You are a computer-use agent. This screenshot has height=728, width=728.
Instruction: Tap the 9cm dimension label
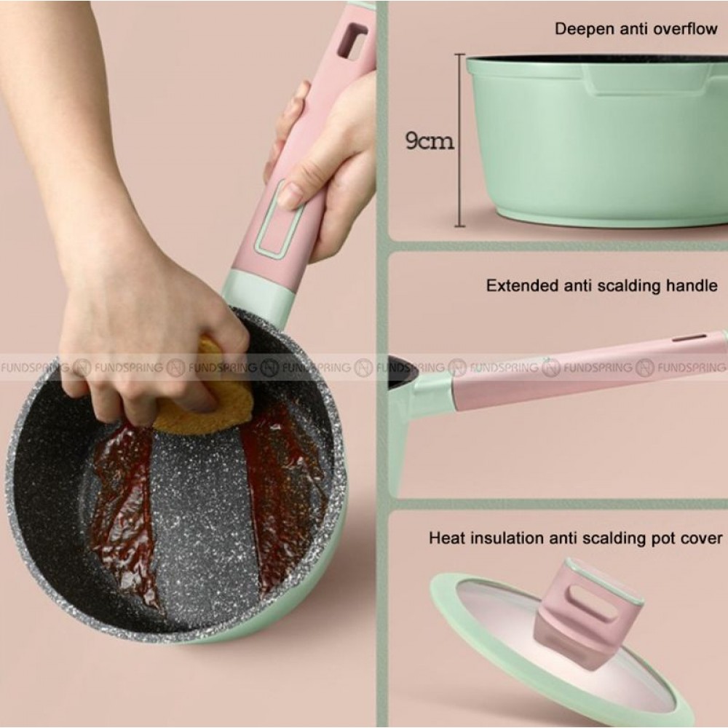pyautogui.click(x=430, y=141)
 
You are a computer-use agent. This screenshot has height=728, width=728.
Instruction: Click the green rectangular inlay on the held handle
pyautogui.click(x=277, y=220)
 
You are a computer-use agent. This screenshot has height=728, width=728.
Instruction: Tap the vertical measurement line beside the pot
pyautogui.click(x=459, y=141)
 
